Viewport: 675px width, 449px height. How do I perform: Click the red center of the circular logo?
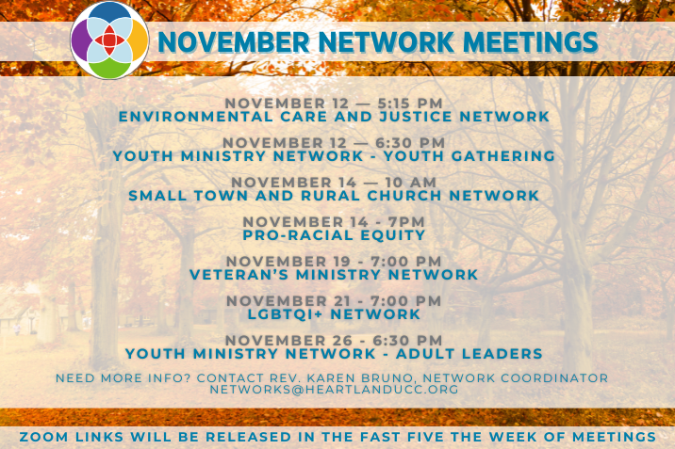coord(109,40)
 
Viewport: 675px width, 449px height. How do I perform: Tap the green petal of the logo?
coord(109,69)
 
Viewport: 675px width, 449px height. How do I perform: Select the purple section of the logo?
coord(79,40)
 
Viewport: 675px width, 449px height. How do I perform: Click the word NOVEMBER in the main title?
coord(234,42)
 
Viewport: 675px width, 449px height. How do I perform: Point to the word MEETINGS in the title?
coord(531,42)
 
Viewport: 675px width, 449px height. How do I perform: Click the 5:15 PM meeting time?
coord(410,104)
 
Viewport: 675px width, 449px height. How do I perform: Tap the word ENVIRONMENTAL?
coord(196,117)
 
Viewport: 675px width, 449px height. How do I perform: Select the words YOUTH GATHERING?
coord(469,156)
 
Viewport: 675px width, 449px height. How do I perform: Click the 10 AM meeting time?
coord(411,183)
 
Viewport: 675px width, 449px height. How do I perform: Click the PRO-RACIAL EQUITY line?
coord(334,235)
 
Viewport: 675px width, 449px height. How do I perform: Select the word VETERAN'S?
coord(239,275)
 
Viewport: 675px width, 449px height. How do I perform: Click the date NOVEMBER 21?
coord(288,301)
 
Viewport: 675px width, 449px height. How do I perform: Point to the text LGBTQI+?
coord(285,314)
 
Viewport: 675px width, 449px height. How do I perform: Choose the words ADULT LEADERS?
coord(469,354)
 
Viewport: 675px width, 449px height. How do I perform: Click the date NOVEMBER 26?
coord(288,341)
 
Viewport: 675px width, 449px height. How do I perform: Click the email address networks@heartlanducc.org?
coord(334,390)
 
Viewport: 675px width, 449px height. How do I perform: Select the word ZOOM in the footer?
coord(44,437)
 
